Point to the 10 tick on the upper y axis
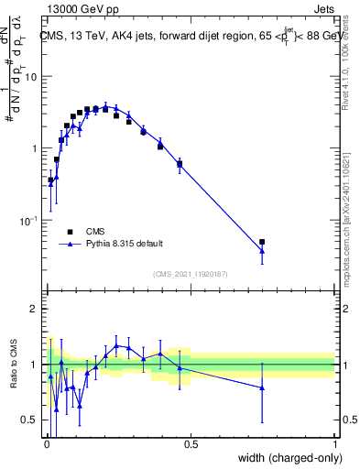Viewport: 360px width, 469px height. [33, 77]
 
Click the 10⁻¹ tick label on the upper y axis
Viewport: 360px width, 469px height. [30, 221]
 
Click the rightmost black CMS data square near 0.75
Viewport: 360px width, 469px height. [262, 242]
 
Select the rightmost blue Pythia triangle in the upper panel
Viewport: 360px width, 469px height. [262, 250]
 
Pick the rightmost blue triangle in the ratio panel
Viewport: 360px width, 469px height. [262, 387]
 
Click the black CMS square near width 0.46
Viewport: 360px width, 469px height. [180, 164]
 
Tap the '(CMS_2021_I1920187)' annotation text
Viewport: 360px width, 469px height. [190, 274]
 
